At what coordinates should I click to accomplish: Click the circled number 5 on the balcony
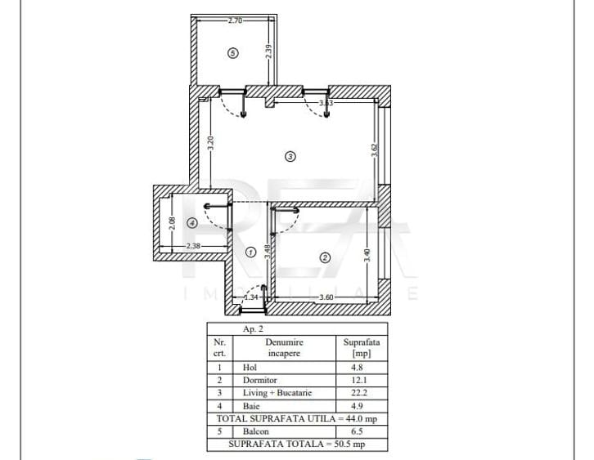click(233, 53)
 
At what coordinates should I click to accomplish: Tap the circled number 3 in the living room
click(290, 155)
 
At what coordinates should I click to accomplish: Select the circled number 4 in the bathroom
click(191, 221)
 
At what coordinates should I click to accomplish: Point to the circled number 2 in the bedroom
click(324, 257)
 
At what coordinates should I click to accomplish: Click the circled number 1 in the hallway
click(250, 252)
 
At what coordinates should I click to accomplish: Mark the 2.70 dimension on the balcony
click(234, 20)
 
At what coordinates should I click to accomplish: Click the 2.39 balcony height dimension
click(268, 51)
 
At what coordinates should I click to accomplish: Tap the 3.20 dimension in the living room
click(210, 143)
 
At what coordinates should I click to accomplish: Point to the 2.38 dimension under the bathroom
click(193, 245)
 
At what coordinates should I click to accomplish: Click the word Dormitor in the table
click(260, 380)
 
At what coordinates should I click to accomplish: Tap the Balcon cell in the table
click(255, 431)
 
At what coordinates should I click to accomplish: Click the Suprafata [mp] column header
click(360, 349)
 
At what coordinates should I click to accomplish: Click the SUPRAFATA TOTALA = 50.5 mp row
click(296, 444)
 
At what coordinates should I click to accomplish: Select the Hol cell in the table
click(250, 368)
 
